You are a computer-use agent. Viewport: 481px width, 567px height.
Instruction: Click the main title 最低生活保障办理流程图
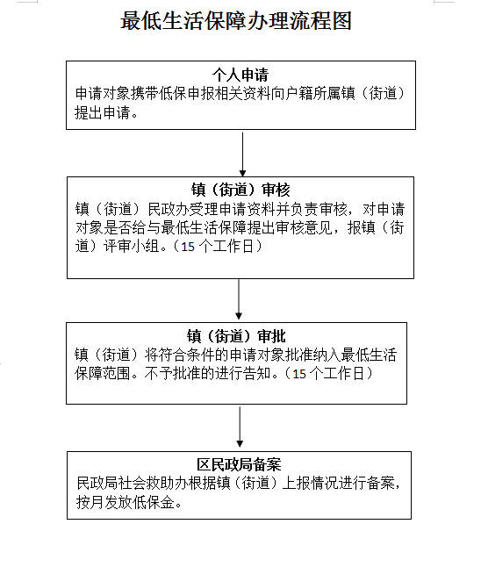236,20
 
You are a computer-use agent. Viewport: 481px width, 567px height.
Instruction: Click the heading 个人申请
240,75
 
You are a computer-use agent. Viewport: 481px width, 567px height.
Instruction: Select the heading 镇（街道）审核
240,190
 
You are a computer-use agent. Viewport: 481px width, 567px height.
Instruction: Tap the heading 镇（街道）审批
236,336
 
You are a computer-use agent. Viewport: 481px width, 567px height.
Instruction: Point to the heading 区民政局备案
239,464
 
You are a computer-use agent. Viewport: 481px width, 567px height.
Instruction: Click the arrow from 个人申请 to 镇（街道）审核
242,154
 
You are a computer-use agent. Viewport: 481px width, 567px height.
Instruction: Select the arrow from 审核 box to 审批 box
239,299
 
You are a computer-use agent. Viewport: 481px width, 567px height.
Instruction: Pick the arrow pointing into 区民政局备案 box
240,427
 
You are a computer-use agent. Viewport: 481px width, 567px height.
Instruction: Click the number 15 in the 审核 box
188,247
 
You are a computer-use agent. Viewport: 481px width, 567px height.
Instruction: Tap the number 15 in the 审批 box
299,374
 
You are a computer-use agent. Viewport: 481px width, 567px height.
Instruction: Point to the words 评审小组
132,247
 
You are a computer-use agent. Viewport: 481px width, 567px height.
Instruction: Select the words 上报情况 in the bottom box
310,484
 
